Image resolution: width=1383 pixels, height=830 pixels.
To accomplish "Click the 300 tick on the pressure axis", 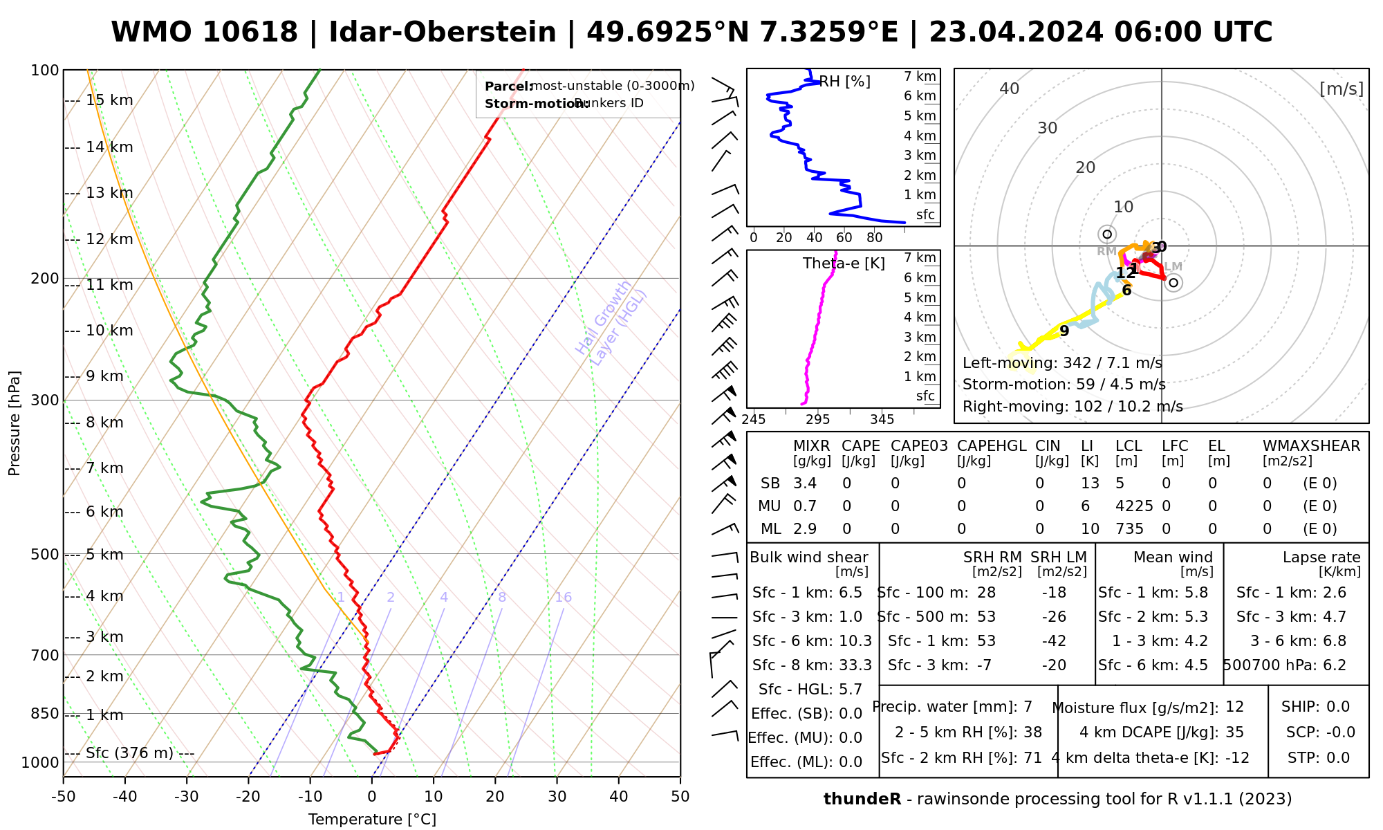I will coord(45,400).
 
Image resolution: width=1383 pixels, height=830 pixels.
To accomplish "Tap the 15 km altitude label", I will coord(109,100).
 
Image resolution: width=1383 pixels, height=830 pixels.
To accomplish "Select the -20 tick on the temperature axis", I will coord(248,797).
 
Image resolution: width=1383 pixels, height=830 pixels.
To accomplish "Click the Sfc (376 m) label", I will coord(129,753).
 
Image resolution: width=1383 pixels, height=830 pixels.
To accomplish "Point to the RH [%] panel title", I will coord(844,82).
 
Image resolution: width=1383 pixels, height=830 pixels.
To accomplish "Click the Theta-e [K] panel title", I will coord(844,264).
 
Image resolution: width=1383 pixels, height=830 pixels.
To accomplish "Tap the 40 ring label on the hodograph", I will coord(1010,89).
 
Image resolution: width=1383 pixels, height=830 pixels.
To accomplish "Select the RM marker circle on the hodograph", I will coord(1107,234).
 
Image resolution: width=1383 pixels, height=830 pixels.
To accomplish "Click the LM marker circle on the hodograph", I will coord(1173,282).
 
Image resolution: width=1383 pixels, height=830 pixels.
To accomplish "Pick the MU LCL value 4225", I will coord(1134,506).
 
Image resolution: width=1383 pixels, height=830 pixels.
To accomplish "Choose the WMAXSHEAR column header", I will coord(1311,446).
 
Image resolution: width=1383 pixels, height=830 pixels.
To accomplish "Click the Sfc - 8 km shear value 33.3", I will coord(855,665).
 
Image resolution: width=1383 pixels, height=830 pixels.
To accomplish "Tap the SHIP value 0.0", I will coord(1338,707).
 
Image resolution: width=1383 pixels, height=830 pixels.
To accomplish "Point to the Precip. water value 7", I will coord(1028,707).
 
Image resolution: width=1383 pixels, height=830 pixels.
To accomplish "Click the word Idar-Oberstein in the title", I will coord(443,33).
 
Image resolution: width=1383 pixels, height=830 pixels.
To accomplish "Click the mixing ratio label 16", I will coord(563,598).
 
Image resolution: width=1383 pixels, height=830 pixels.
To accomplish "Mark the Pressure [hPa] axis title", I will coord(15,423).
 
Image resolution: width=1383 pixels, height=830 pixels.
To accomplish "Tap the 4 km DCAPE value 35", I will coord(1234,732).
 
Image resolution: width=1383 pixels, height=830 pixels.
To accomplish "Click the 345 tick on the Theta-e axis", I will coord(882,420).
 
